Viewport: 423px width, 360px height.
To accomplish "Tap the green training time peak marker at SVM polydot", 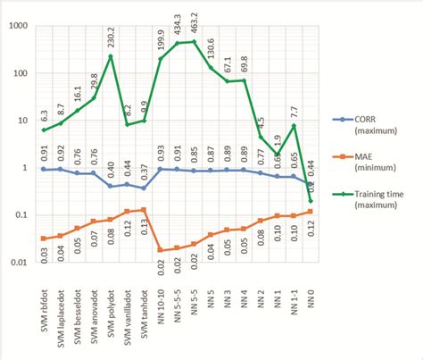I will pos(111,56).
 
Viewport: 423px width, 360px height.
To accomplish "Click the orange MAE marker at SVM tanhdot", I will pos(144,210).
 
